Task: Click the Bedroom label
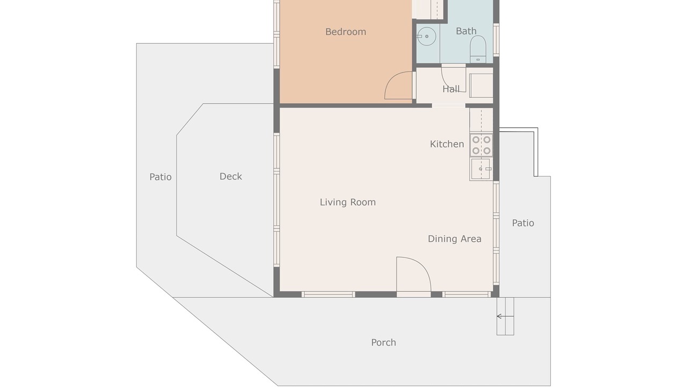tap(346, 32)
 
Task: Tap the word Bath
tap(466, 31)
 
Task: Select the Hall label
tap(451, 89)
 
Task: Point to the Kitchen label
tap(447, 144)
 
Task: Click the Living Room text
tap(348, 202)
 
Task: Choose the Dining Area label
tap(455, 239)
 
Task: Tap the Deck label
tap(231, 176)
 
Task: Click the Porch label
tap(383, 342)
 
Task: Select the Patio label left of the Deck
tap(160, 177)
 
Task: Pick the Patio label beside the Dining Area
tap(523, 223)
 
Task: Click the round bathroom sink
tap(427, 36)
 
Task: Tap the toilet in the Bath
tap(478, 49)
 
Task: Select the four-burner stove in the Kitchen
tap(481, 145)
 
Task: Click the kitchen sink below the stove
tap(481, 169)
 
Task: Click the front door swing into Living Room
tap(424, 267)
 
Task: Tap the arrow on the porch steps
tap(505, 317)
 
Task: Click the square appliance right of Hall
tap(481, 85)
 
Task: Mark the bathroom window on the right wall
tap(496, 40)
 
